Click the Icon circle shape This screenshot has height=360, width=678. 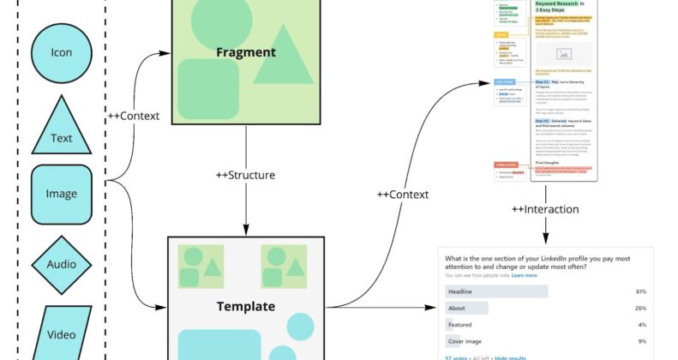(61, 53)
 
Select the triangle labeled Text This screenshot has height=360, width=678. (61, 129)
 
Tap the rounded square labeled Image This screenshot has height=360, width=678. (61, 194)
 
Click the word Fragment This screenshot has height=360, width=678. (246, 52)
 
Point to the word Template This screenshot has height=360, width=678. (245, 306)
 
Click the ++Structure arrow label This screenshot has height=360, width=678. (246, 175)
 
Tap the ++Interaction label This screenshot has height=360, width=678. (545, 209)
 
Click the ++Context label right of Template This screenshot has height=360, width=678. (402, 195)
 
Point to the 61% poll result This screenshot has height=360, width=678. (640, 291)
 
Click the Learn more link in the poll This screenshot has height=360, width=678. (525, 276)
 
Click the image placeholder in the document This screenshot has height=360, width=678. (563, 53)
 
